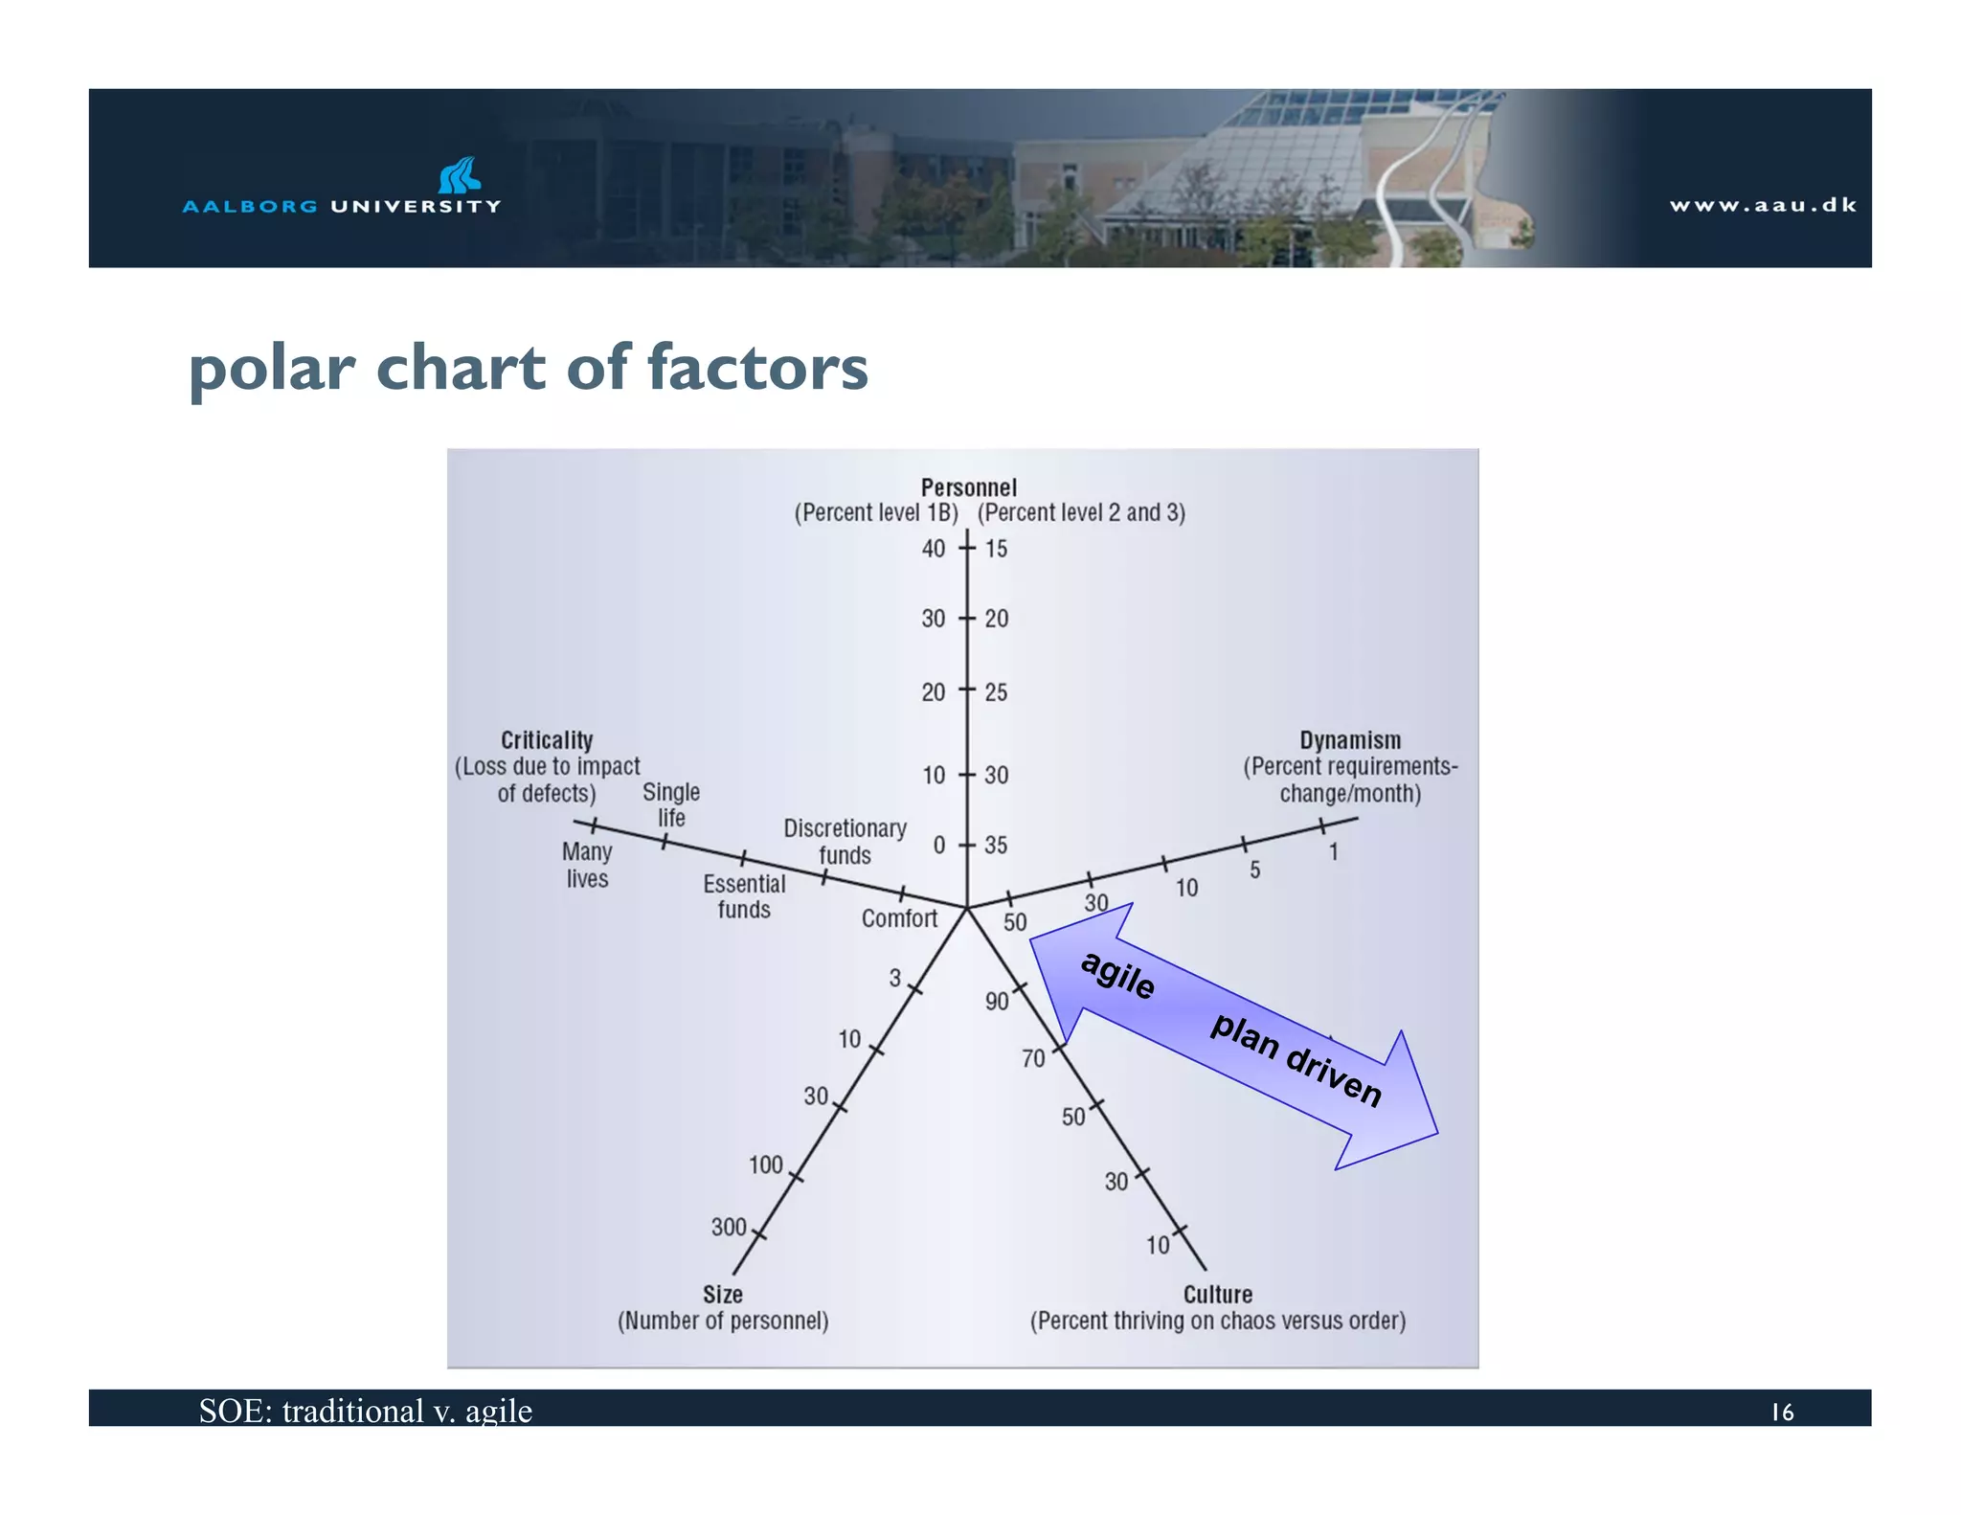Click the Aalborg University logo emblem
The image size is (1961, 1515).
(x=459, y=175)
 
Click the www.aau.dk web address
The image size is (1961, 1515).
(x=1762, y=205)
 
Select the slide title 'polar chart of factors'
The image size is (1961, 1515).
(x=528, y=368)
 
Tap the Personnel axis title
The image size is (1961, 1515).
(x=968, y=487)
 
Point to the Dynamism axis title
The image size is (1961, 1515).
(x=1349, y=740)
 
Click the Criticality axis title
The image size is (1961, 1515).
(x=547, y=740)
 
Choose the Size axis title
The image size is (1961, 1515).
(x=723, y=1295)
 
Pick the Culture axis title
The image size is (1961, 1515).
(x=1217, y=1295)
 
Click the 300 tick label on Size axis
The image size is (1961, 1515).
(x=728, y=1227)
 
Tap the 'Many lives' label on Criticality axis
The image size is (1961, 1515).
(x=587, y=865)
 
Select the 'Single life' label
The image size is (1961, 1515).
(x=670, y=804)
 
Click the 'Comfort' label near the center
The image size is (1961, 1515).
(x=899, y=918)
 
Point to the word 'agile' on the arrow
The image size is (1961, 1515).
(x=1117, y=975)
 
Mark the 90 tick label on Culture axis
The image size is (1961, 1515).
(x=997, y=1002)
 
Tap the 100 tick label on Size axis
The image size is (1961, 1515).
(x=765, y=1165)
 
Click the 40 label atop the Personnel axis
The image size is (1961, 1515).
(x=933, y=549)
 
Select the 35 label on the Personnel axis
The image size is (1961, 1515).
(x=996, y=845)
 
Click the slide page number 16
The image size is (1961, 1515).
(x=1782, y=1412)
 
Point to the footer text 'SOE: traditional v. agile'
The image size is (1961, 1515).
(x=365, y=1411)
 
